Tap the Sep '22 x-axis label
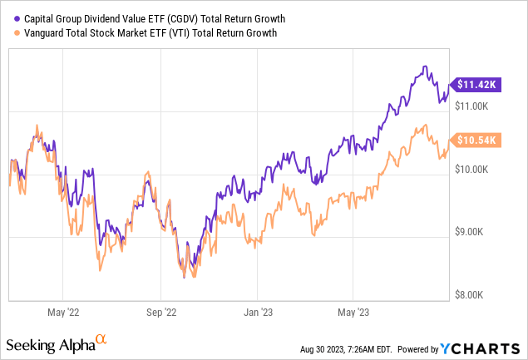[x=161, y=313]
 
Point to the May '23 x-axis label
[x=353, y=313]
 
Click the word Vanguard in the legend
[x=45, y=32]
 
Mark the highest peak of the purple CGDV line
[x=425, y=67]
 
